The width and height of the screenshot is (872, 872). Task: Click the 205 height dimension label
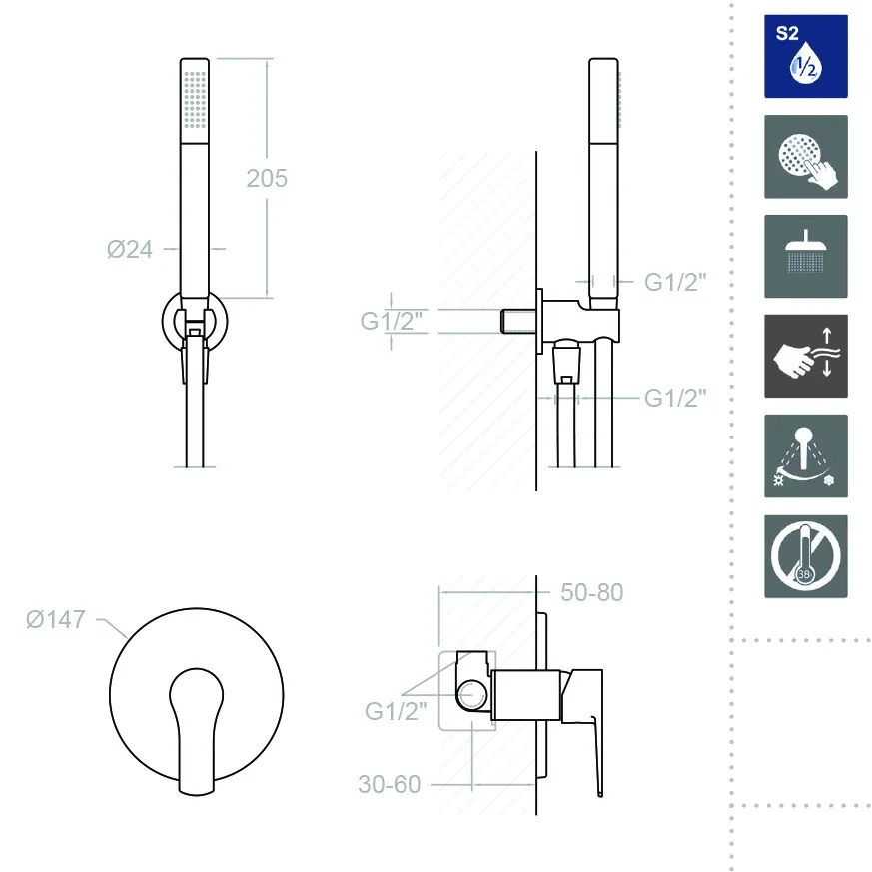point(267,179)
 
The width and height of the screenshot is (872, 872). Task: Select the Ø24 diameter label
point(130,249)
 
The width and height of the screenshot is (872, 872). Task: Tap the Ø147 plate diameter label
point(56,619)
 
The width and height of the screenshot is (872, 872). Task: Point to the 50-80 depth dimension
point(591,593)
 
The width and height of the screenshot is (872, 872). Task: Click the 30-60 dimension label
point(390,785)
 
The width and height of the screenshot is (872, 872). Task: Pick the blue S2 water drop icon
point(806,56)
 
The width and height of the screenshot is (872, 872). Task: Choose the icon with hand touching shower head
point(806,156)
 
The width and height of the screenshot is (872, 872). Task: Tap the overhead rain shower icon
point(806,257)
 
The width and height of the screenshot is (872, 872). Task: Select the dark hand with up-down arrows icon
point(806,356)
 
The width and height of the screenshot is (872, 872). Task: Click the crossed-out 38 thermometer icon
point(806,556)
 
